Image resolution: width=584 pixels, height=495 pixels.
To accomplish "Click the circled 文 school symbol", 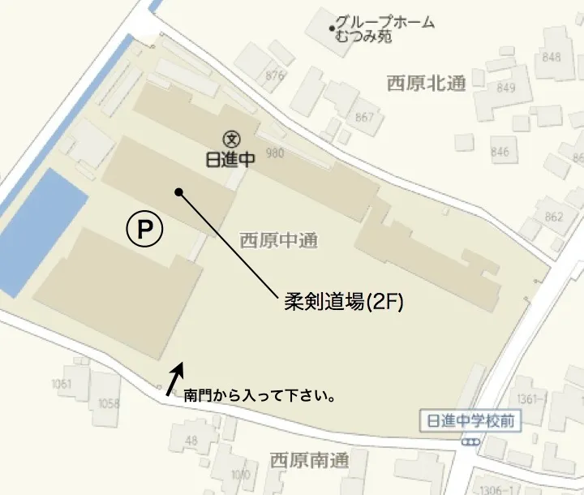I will (x=231, y=140).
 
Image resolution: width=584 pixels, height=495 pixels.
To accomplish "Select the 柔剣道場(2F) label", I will (x=344, y=302).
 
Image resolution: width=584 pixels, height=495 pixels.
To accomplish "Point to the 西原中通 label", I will (x=278, y=240).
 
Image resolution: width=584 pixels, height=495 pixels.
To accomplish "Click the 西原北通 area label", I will (x=426, y=82).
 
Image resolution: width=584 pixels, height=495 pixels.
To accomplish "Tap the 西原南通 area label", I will (x=309, y=461).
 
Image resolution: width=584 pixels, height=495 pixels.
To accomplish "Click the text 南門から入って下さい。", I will (x=260, y=398).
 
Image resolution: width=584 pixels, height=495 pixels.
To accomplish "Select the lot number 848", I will (x=552, y=57).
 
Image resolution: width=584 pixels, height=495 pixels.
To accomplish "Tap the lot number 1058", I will (x=108, y=403).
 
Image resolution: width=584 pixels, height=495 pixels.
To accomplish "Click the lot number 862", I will (x=554, y=217).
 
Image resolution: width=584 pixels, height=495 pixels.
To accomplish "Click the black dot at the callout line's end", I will (x=178, y=192).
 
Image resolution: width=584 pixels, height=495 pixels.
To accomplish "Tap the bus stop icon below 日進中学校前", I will (x=471, y=441).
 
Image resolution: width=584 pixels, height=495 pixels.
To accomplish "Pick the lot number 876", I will (x=275, y=75).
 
